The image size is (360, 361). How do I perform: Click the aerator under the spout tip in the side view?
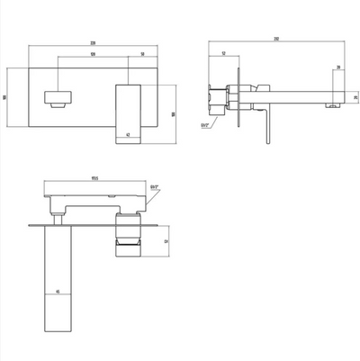(331, 106)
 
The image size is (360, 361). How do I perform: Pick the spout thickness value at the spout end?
(355, 96)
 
